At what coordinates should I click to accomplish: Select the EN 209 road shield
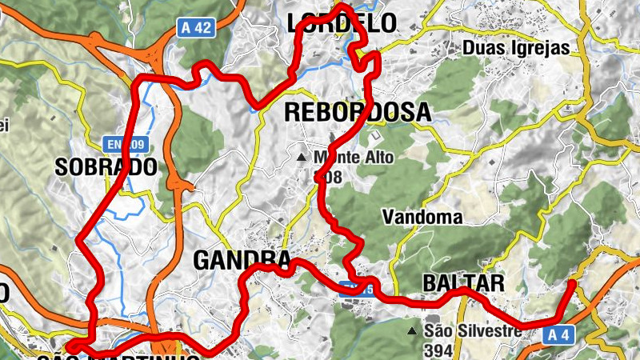(x=126, y=145)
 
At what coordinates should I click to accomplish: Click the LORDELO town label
(x=342, y=23)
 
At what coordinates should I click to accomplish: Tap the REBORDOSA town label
(x=358, y=113)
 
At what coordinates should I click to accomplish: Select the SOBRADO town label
(x=105, y=167)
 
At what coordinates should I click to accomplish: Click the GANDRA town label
(x=242, y=261)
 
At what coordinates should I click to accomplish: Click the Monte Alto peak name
(x=353, y=158)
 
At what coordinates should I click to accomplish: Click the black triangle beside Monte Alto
(x=302, y=158)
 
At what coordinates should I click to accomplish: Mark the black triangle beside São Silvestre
(x=412, y=330)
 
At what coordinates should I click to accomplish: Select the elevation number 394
(x=439, y=350)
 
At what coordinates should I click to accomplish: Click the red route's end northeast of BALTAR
(x=573, y=282)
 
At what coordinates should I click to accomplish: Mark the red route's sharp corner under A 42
(x=144, y=78)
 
